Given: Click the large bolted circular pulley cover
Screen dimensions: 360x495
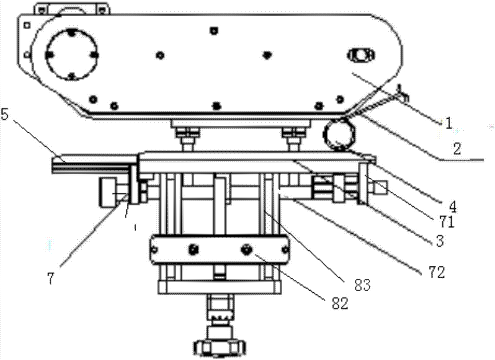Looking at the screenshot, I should point(72,54).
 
